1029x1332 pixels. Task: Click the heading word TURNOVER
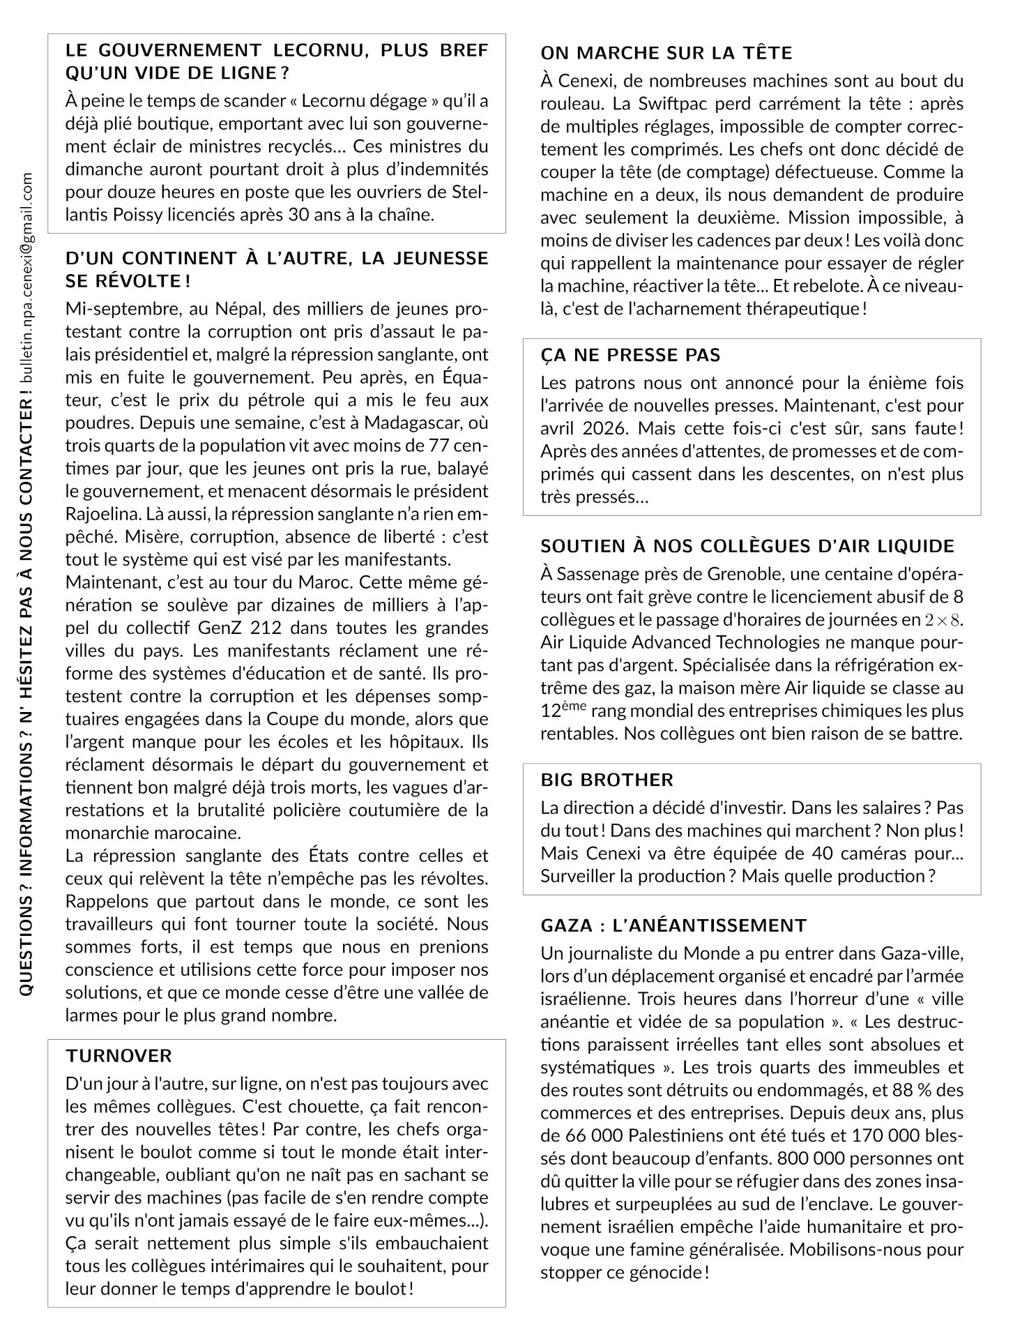click(119, 1055)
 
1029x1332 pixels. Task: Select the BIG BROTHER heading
click(607, 780)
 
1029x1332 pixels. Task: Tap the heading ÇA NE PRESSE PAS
click(630, 355)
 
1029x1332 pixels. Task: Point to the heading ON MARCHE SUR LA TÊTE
click(666, 53)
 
